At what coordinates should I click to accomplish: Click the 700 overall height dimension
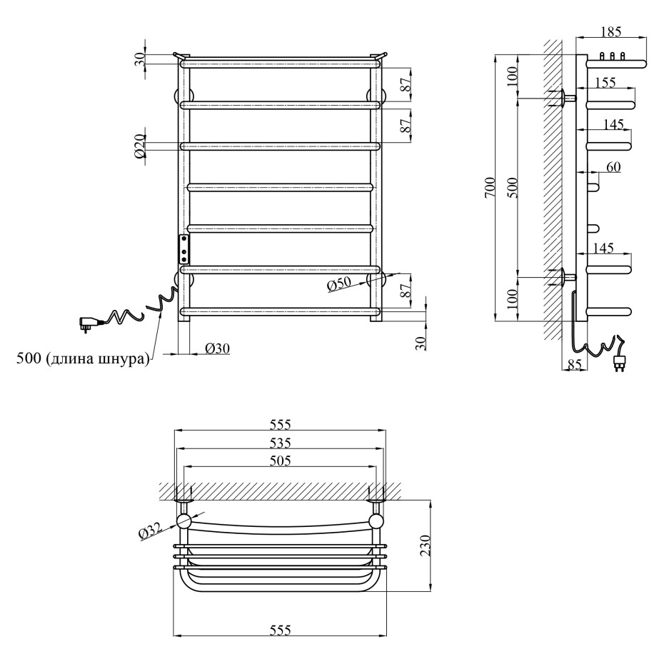pyautogui.click(x=489, y=188)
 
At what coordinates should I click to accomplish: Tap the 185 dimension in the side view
pyautogui.click(x=610, y=31)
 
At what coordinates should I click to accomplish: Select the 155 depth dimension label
pyautogui.click(x=605, y=82)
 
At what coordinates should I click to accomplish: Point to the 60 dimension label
pyautogui.click(x=613, y=167)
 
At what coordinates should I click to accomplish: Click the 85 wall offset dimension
pyautogui.click(x=574, y=364)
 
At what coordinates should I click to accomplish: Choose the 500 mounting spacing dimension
pyautogui.click(x=512, y=188)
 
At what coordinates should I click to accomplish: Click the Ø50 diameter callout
pyautogui.click(x=339, y=284)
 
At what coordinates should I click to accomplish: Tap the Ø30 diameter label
pyautogui.click(x=217, y=348)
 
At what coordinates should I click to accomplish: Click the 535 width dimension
pyautogui.click(x=281, y=443)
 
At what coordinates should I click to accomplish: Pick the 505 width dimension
pyautogui.click(x=281, y=461)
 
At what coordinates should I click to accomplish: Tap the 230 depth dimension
pyautogui.click(x=425, y=545)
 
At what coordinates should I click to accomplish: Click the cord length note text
pyautogui.click(x=83, y=358)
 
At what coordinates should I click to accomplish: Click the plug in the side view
pyautogui.click(x=619, y=363)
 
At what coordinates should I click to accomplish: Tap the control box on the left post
pyautogui.click(x=184, y=249)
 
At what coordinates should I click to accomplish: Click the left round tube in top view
pyautogui.click(x=184, y=521)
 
